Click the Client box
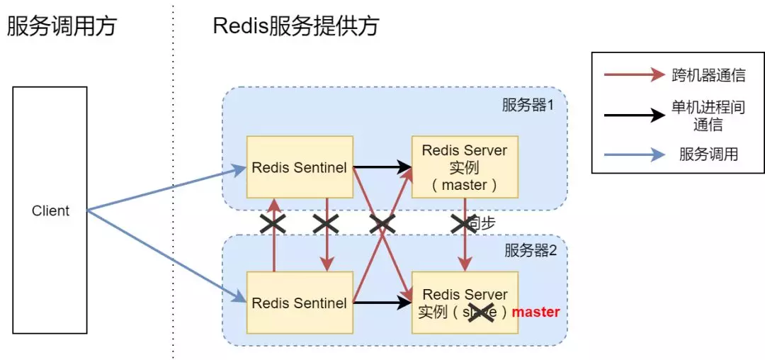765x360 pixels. (50, 210)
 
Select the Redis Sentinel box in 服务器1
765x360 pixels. (300, 167)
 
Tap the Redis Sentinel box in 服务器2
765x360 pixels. (300, 303)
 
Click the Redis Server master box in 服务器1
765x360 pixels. (465, 167)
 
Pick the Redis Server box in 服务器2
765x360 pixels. (465, 303)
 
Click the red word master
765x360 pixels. (536, 312)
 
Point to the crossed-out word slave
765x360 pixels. (481, 312)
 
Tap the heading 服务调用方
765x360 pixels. (61, 27)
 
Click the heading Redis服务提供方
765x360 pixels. (295, 27)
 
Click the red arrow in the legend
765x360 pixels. (635, 74)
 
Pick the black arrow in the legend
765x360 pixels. (635, 116)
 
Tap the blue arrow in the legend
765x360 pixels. (635, 154)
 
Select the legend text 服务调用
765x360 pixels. (708, 154)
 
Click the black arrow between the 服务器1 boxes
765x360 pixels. (382, 167)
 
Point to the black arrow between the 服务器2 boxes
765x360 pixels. (382, 303)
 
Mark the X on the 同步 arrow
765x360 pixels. (465, 224)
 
